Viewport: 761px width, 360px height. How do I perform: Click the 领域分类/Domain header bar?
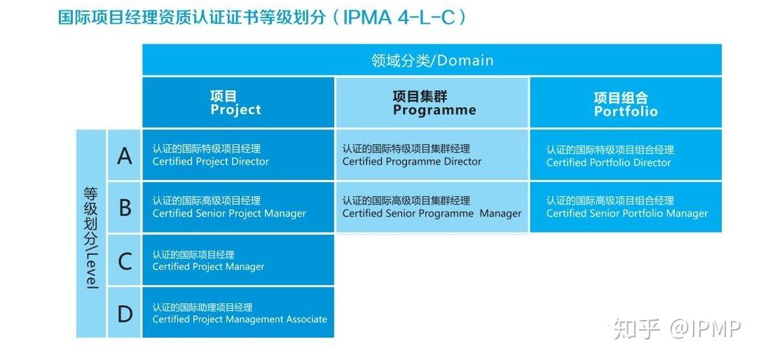[432, 60]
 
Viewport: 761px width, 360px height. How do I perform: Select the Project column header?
[238, 103]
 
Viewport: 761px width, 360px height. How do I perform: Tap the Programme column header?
[432, 103]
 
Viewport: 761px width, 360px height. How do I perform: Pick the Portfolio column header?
[625, 104]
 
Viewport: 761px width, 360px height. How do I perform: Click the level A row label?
[125, 155]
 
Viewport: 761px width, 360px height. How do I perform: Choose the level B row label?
[125, 207]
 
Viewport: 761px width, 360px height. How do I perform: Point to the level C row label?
[125, 261]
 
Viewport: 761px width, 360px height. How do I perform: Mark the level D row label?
[125, 313]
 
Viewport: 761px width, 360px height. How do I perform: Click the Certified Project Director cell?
[238, 155]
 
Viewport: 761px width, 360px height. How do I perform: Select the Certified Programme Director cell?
[432, 155]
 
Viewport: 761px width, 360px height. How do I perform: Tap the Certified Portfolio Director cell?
[625, 155]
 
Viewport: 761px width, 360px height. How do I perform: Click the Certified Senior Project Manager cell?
[238, 207]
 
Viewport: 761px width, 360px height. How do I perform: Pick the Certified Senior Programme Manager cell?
[432, 207]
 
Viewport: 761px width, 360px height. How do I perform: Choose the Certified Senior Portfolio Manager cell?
[625, 207]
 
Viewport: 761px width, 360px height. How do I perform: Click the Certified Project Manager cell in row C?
[238, 261]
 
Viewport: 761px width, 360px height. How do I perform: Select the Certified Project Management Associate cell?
[238, 313]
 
